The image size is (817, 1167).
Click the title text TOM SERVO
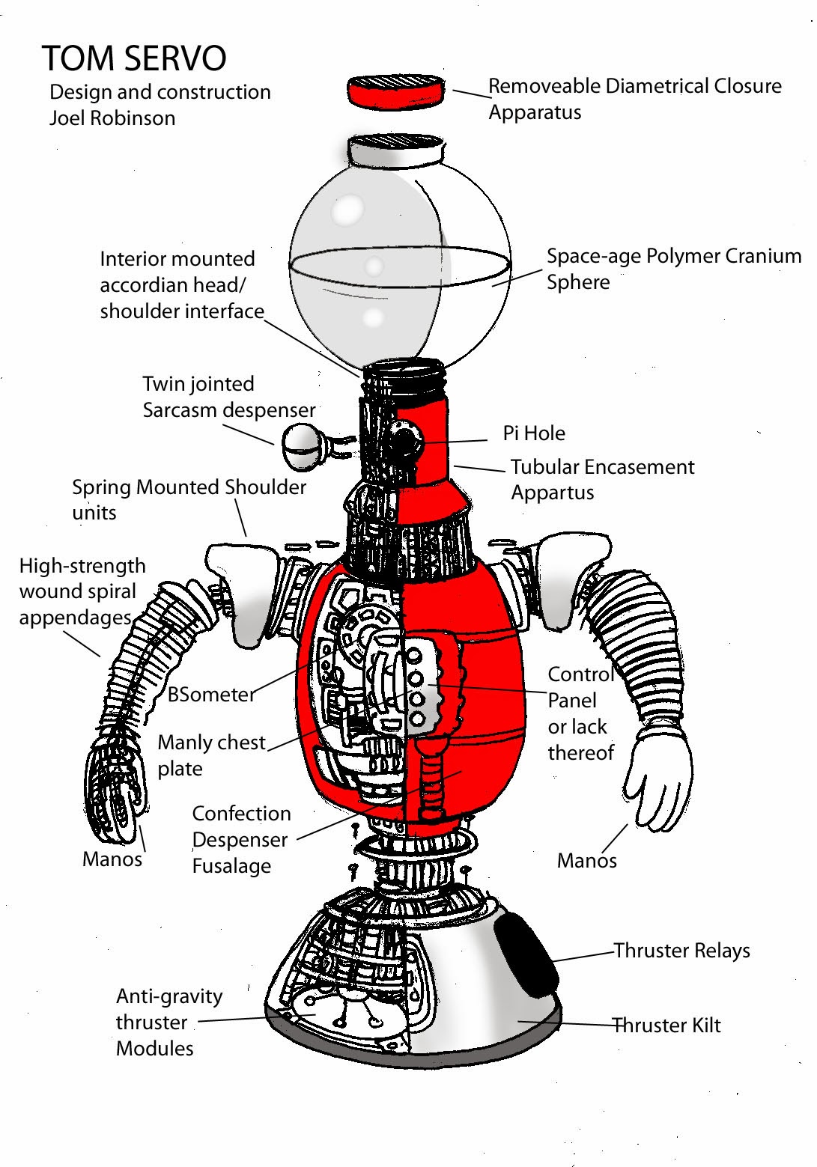click(134, 58)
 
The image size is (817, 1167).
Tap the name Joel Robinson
click(112, 118)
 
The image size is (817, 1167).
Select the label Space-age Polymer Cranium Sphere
click(673, 269)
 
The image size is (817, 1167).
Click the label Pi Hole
click(534, 433)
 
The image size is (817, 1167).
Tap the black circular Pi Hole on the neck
click(404, 442)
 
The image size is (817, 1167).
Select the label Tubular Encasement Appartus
click(602, 480)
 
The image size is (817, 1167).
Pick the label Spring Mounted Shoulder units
click(189, 499)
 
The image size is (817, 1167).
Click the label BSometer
click(211, 695)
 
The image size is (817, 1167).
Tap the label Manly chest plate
click(211, 755)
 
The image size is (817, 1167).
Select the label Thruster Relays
click(681, 951)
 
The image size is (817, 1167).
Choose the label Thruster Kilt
click(666, 1026)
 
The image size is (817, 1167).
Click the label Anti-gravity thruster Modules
click(168, 1022)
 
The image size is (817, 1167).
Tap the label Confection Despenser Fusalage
click(241, 840)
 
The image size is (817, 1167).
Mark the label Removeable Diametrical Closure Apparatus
click(634, 99)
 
